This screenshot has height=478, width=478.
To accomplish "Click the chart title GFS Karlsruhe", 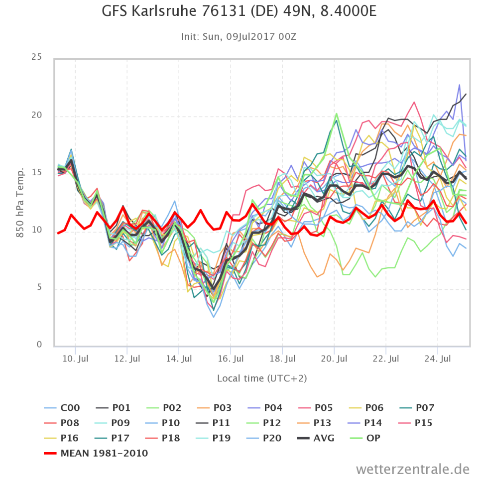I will (239, 11).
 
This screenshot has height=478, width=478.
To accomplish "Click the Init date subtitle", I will (239, 36).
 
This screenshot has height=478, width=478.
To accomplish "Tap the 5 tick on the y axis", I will (39, 288).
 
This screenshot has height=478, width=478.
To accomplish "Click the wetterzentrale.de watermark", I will (413, 469).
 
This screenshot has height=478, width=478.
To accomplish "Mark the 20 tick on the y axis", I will (36, 116).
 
